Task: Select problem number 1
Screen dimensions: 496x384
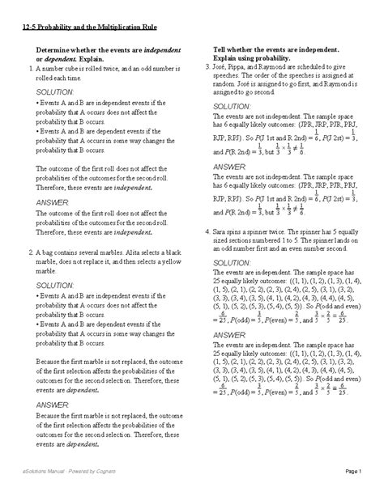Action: click(x=29, y=70)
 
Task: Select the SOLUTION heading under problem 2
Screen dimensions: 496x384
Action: click(x=57, y=286)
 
